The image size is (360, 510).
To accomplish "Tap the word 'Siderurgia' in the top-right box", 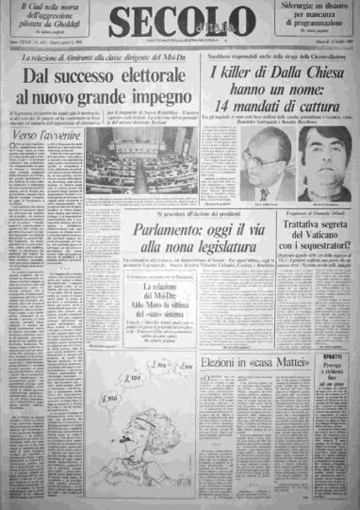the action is [288, 8].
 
